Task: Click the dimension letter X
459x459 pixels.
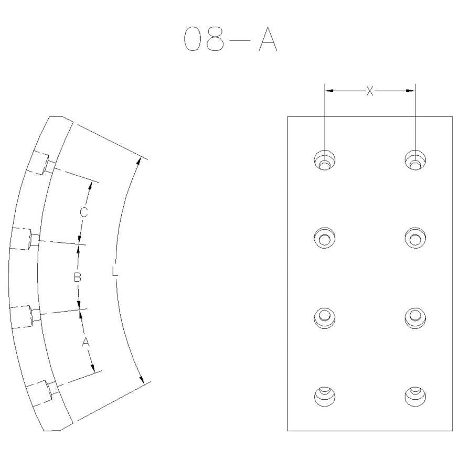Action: click(x=370, y=91)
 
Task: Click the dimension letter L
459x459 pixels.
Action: click(x=115, y=272)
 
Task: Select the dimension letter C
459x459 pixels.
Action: click(x=84, y=212)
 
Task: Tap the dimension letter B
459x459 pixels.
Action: click(x=77, y=277)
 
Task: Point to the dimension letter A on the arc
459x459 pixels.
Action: click(x=86, y=342)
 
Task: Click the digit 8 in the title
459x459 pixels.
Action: click(x=215, y=39)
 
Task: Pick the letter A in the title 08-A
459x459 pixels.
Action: click(x=268, y=39)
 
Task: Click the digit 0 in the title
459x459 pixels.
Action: click(x=193, y=39)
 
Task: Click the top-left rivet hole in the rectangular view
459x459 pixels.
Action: click(x=324, y=160)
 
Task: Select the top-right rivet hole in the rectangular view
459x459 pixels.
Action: click(x=415, y=160)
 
